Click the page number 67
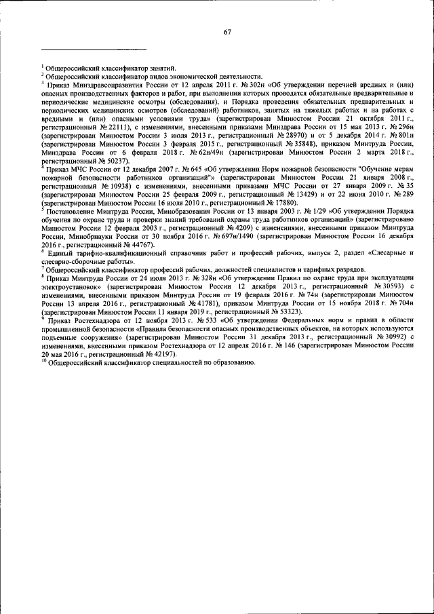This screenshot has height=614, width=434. [x=228, y=31]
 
